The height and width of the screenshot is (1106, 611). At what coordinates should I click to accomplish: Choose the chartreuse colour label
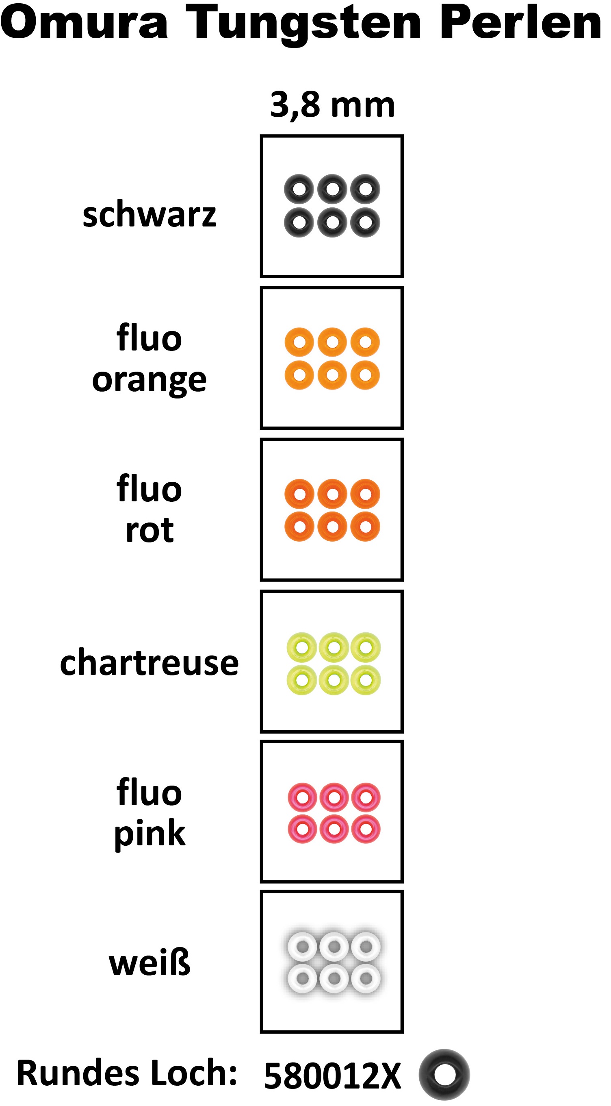click(x=149, y=662)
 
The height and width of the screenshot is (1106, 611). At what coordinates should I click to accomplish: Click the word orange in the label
click(x=149, y=381)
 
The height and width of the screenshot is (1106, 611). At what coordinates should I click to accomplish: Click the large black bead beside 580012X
click(x=444, y=1074)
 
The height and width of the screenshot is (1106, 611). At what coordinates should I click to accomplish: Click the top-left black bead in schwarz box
click(x=299, y=189)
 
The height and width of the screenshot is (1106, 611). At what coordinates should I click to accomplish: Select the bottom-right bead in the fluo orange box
click(x=365, y=375)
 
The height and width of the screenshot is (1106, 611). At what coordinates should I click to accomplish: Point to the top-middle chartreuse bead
click(x=334, y=647)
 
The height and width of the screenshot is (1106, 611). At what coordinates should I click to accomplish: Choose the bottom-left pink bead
click(x=302, y=829)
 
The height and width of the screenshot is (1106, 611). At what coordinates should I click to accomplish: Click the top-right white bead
click(x=366, y=947)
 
